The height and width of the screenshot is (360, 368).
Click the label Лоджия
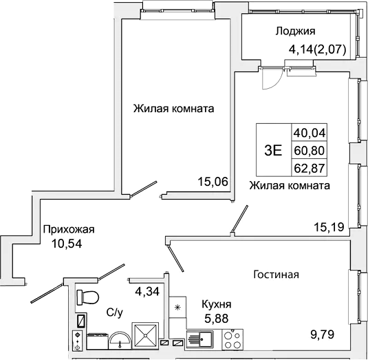pos(295,31)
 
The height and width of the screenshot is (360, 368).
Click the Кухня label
pos(216,303)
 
